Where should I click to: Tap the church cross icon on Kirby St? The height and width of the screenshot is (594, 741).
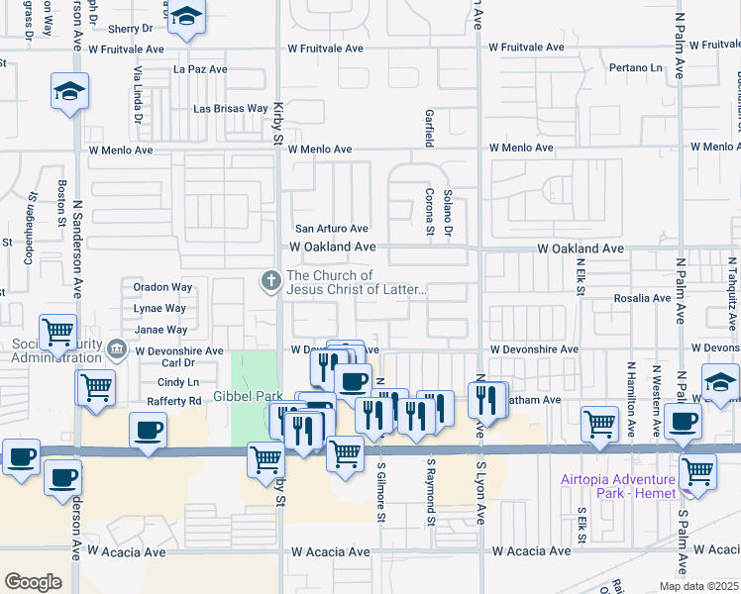pos(269,281)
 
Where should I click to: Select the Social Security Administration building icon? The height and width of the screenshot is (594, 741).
pos(117,348)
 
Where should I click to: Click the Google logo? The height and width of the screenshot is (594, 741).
pos(33,581)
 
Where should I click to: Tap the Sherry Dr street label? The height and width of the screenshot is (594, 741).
pos(129,30)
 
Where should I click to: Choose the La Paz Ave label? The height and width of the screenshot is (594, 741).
pos(200,69)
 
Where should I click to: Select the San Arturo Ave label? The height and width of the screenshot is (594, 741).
pos(330,228)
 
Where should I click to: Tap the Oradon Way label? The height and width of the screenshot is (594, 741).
pos(162,287)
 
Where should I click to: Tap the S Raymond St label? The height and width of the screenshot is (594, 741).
pos(431,490)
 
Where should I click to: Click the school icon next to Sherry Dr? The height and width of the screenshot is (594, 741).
pos(185,18)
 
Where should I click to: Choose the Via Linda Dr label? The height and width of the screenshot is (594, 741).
pos(139,91)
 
